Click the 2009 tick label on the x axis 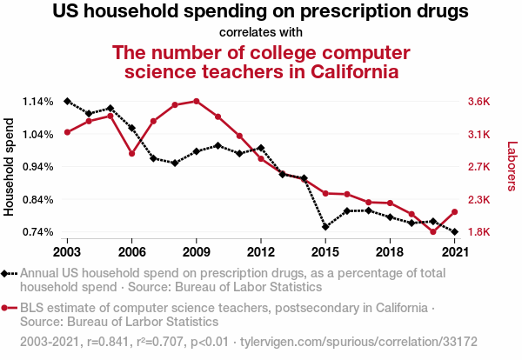coord(196,251)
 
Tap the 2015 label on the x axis coord(325,251)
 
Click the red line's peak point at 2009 coord(197,101)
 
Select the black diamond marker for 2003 coord(67,102)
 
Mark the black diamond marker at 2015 coord(325,227)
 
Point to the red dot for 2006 coord(131,154)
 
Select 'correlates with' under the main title coord(260,33)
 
